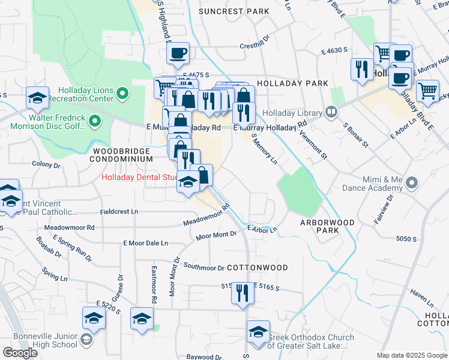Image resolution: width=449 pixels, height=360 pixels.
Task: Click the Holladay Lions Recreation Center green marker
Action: point(122,93)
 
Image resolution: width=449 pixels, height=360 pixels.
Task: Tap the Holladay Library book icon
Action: point(331,112)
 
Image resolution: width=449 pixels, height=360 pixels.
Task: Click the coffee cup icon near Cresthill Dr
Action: point(178,53)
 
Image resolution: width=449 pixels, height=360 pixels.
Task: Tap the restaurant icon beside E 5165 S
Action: point(243,293)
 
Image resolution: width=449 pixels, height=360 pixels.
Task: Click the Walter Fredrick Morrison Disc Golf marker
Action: point(94,122)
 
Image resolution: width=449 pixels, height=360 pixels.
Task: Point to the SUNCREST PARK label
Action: point(234,11)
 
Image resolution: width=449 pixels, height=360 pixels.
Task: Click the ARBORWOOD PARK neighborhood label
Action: point(327,226)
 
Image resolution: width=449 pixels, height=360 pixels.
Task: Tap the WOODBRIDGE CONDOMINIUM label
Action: point(121,155)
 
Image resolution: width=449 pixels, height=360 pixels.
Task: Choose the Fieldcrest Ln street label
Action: point(119,212)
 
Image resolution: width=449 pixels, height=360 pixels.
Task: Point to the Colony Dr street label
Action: point(47,164)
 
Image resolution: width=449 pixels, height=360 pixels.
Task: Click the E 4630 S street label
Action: point(335,52)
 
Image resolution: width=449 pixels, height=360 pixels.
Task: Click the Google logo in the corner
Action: point(20,353)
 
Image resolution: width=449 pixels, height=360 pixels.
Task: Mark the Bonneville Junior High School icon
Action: point(86,341)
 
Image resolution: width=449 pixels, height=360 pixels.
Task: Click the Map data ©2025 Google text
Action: point(412,355)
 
